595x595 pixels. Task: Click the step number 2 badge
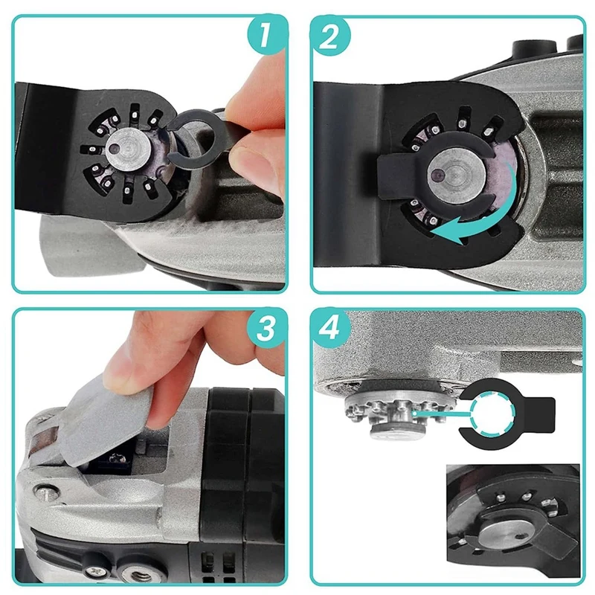coord(329,36)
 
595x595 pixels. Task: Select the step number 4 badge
coord(329,329)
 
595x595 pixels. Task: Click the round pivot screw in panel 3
coord(46,492)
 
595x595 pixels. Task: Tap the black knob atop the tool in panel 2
coord(530,48)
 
